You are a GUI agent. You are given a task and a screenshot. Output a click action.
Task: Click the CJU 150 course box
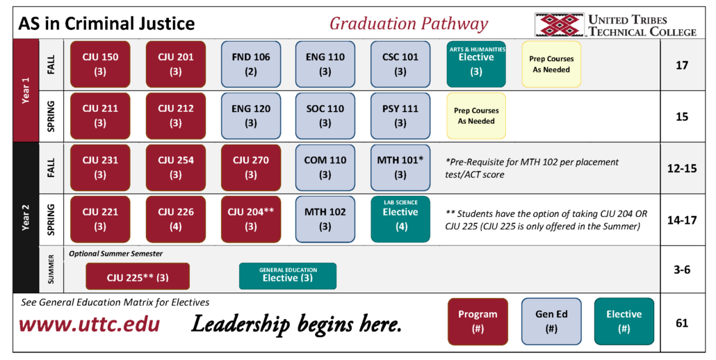tap(100, 64)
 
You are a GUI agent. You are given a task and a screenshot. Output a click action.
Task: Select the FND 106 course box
tap(250, 64)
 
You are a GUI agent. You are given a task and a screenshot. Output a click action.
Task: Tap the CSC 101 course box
tap(400, 64)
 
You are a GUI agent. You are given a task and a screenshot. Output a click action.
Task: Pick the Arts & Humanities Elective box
tap(476, 63)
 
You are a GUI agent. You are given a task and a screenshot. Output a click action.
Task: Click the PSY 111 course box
tap(400, 115)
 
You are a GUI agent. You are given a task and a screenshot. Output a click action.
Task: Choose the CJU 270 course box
tap(250, 167)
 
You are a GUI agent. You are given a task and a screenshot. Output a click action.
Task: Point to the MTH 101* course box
tap(400, 167)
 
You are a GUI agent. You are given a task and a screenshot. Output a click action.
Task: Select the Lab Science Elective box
tap(400, 219)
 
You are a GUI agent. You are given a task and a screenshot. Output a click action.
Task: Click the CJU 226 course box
tap(175, 219)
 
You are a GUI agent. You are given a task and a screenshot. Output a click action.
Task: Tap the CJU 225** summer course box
tap(138, 277)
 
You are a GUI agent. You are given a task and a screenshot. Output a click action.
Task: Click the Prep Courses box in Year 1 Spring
tap(476, 115)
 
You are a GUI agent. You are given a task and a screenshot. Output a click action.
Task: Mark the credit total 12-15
tap(681, 168)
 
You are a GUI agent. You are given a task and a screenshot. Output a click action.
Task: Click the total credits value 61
tap(681, 322)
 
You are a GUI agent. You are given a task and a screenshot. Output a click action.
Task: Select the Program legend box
tap(478, 320)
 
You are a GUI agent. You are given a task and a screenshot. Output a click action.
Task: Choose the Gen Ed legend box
tap(551, 320)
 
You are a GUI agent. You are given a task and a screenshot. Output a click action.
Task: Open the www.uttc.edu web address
tap(89, 324)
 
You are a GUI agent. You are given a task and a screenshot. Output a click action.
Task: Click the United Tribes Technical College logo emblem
tap(559, 25)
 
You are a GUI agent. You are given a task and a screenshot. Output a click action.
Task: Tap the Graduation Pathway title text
tap(409, 24)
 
